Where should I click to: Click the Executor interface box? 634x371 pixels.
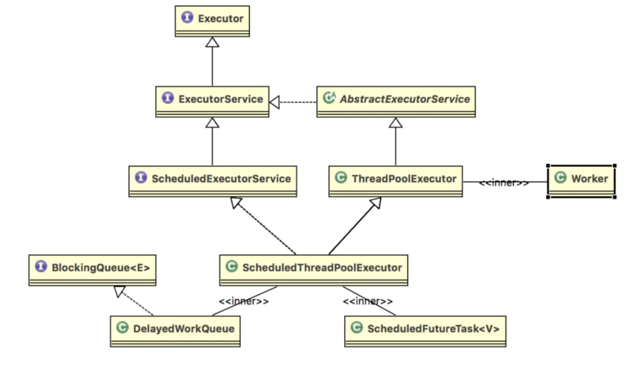point(213,19)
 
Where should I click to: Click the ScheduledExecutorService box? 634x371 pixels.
point(212,180)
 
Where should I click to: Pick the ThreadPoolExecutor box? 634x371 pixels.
point(396,180)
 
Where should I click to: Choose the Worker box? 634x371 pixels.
point(581,180)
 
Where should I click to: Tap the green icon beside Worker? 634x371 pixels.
point(560,178)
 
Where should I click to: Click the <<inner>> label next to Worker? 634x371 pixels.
point(503,182)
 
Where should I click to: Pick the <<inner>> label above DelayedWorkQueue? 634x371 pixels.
point(243,301)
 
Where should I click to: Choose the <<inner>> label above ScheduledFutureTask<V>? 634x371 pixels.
point(368,301)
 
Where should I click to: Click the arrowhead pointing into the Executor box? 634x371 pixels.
point(213,43)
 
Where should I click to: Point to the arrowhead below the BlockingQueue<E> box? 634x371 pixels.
point(117,293)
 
